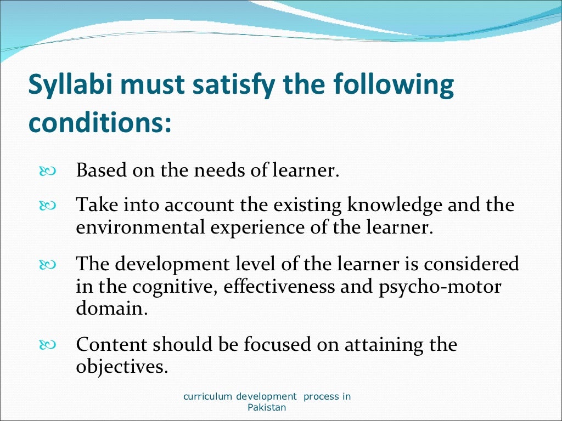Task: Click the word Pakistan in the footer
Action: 267,408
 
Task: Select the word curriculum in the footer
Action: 208,396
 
